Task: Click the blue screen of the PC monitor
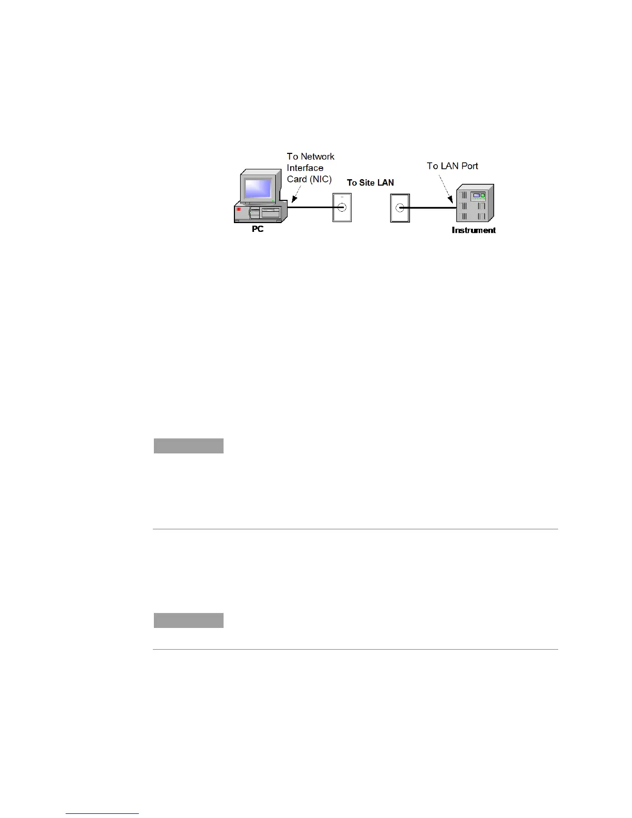tap(258, 187)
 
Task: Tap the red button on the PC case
tap(239, 209)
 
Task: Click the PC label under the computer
tap(258, 229)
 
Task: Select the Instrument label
tap(473, 230)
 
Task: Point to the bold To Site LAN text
tap(370, 183)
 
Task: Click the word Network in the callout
tap(318, 156)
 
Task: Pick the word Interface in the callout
tap(305, 168)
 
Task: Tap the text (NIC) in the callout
tap(321, 179)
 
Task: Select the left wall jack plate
tap(342, 208)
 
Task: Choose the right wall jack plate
tap(400, 208)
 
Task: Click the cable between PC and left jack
tap(310, 208)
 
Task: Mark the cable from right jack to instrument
tap(431, 208)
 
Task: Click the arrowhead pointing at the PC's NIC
tap(293, 201)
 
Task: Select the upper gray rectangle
tap(188, 446)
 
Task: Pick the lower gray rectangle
tap(188, 620)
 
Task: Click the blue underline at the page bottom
tap(102, 813)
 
